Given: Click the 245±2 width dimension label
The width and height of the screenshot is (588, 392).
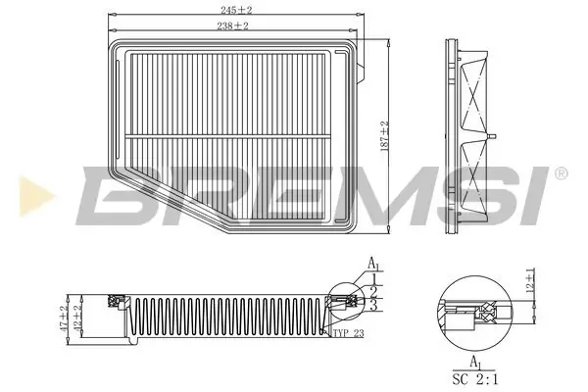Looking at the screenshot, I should point(232,9).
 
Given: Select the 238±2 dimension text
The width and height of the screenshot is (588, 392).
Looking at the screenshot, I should point(232,26).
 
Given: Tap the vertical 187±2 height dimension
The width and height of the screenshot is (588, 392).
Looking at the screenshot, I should point(385,134).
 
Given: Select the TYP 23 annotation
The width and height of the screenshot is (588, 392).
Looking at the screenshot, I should point(347,334).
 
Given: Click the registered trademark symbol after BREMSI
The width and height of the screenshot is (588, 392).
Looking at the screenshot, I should point(560,173).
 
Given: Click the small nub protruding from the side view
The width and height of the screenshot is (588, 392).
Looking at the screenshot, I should point(496,133).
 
